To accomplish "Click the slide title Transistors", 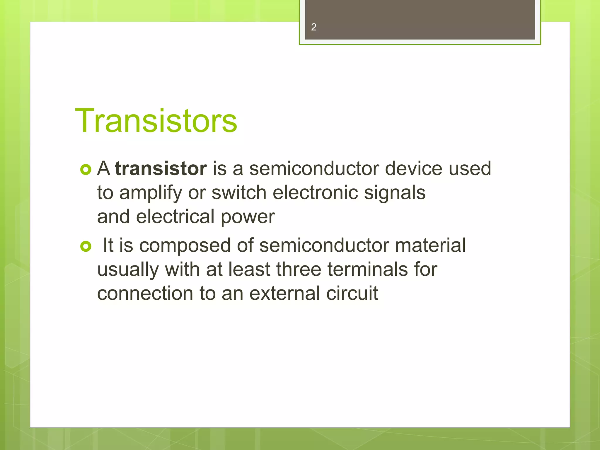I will point(156,121).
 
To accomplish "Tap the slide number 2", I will point(313,27).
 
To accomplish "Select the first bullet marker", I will point(86,170).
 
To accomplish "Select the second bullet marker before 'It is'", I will point(86,246).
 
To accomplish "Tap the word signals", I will point(394,193).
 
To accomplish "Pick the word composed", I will point(185,246).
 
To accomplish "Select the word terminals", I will point(367,269).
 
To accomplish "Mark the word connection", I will point(145,293).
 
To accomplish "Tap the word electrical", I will point(175,217).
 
